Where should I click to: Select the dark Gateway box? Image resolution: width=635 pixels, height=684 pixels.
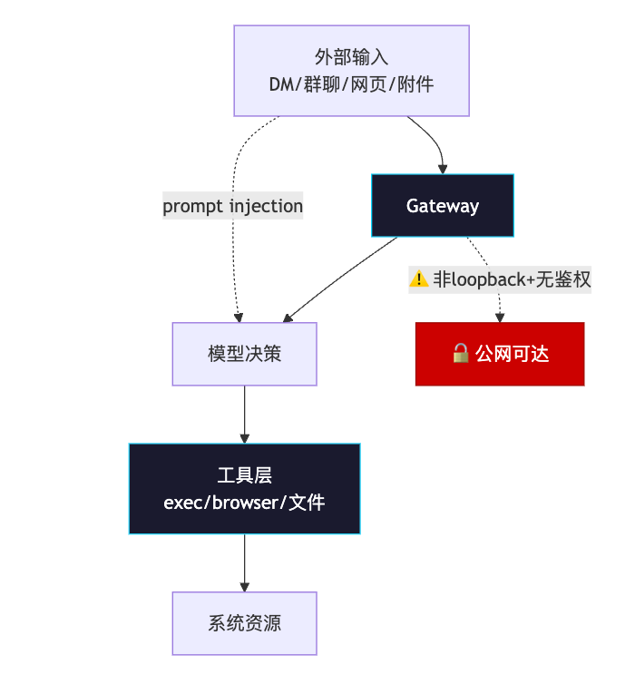pos(442,205)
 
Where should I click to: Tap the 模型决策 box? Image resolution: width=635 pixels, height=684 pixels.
pos(244,354)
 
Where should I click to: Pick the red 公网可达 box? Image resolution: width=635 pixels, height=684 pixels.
pos(500,354)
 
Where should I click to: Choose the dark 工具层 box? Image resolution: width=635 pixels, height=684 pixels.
pos(244,488)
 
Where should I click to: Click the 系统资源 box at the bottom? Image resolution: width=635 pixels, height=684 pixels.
pos(244,623)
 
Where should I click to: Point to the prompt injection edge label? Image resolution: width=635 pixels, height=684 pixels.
pos(232,206)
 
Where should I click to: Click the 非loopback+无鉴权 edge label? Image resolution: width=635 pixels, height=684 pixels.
pos(500,279)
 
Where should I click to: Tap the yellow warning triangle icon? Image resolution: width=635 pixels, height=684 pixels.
pos(418,279)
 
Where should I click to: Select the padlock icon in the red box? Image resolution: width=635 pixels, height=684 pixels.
pos(460,354)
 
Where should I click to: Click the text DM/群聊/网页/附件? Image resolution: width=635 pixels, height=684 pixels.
pos(351,84)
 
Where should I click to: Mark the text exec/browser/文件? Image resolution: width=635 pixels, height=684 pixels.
pos(244,502)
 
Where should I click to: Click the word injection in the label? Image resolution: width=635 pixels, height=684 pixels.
pos(266,206)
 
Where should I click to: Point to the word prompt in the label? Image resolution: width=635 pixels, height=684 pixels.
pos(193,206)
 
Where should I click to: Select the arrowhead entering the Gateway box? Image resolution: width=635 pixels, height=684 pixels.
pos(443,169)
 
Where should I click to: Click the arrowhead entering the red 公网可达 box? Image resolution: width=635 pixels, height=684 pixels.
pos(500,318)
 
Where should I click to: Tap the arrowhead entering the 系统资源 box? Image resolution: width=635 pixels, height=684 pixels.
pos(244,587)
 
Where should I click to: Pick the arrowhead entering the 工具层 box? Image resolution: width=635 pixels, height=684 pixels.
pos(244,438)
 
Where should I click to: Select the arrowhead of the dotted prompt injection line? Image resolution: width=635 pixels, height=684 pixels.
pos(239,318)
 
